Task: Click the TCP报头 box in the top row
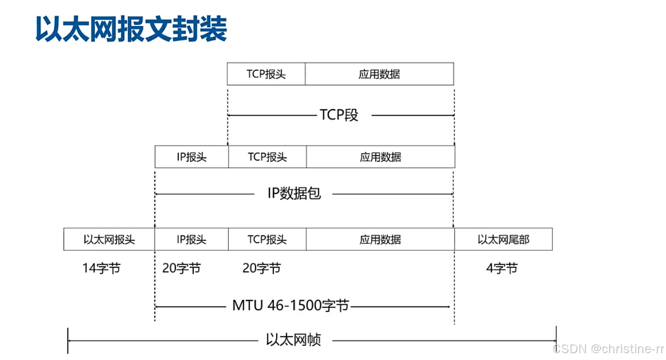(266, 74)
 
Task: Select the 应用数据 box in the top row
(379, 74)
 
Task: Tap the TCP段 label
(339, 115)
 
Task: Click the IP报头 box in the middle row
(192, 157)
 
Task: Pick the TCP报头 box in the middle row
(267, 157)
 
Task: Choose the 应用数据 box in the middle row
(380, 157)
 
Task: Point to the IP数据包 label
(294, 193)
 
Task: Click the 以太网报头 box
(109, 240)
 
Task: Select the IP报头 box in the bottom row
(192, 240)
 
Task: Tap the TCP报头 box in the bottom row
(267, 240)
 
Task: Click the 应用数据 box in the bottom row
(380, 240)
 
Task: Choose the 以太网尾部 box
(503, 240)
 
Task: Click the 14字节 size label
(101, 269)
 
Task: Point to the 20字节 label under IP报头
(181, 269)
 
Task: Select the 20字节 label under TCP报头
(261, 269)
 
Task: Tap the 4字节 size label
(502, 269)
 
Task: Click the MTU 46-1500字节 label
(290, 306)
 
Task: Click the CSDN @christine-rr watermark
(608, 349)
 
